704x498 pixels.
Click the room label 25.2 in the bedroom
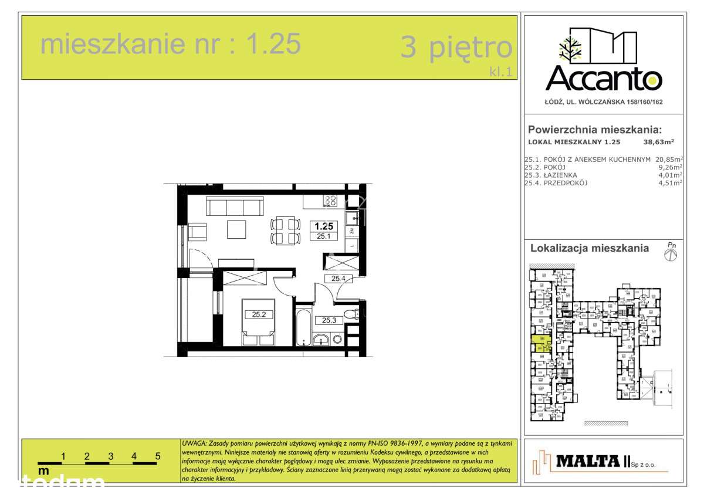pyautogui.click(x=259, y=314)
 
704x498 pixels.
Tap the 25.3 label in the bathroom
pyautogui.click(x=329, y=320)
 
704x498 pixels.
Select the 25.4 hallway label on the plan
pyautogui.click(x=338, y=279)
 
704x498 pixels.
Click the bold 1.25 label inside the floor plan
pyautogui.click(x=324, y=226)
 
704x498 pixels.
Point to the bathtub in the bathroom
pyautogui.click(x=302, y=326)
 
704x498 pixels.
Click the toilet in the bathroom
pyautogui.click(x=350, y=314)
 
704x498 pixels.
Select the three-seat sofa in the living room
pyautogui.click(x=234, y=206)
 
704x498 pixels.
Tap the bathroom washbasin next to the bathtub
pyautogui.click(x=322, y=339)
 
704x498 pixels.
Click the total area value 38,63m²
pyautogui.click(x=658, y=141)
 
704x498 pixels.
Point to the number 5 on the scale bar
pyautogui.click(x=158, y=455)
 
